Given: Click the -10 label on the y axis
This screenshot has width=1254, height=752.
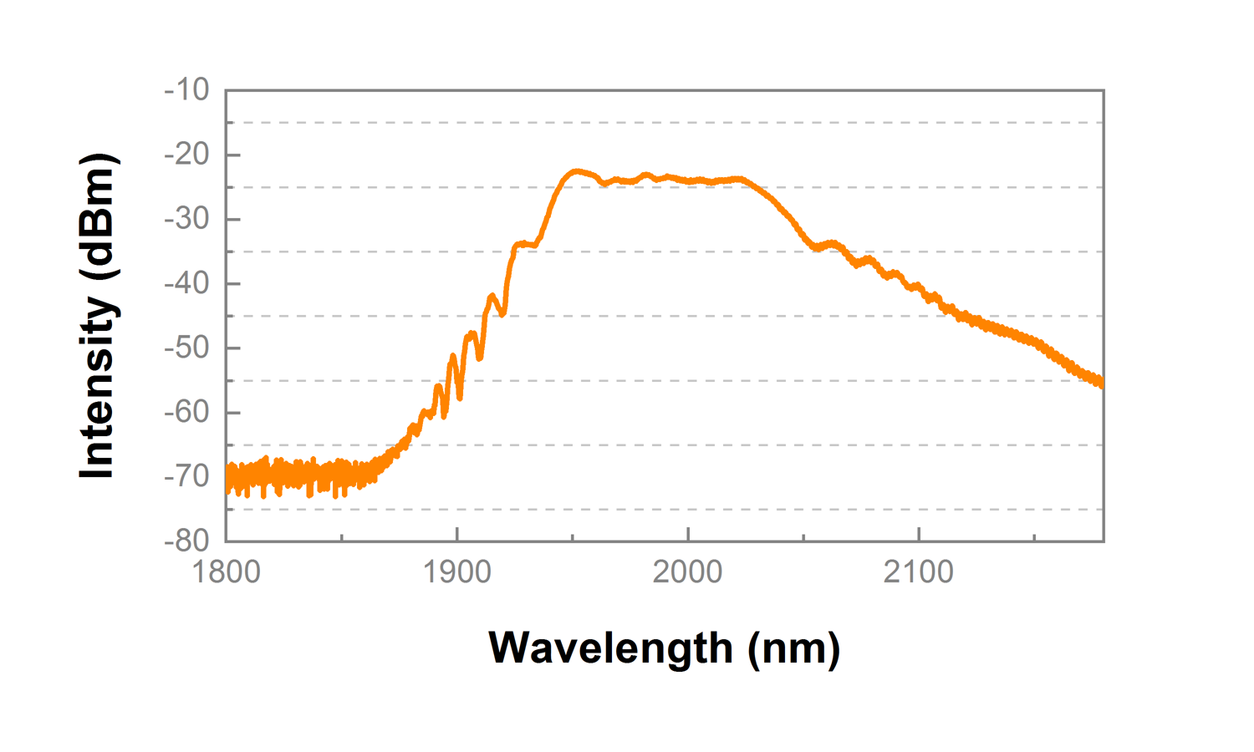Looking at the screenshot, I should tap(186, 89).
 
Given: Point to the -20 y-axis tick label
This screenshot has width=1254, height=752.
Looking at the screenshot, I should tap(186, 154).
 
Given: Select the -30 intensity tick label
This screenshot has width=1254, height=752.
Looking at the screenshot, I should tap(186, 219).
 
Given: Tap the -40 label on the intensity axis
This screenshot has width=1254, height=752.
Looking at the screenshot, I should tap(186, 283).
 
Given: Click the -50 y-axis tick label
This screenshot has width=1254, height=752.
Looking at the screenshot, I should tap(186, 348).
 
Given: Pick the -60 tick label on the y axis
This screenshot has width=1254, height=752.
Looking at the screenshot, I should tap(186, 412).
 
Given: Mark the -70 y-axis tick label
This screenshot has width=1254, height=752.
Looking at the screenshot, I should tap(186, 476).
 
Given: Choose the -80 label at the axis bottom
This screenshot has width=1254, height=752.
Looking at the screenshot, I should tap(186, 541).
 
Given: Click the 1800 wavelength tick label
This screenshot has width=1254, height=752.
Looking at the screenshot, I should tap(227, 572).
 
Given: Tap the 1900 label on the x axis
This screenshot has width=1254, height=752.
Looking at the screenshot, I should tap(457, 572).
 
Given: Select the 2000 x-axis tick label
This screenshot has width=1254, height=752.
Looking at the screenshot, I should tap(688, 572).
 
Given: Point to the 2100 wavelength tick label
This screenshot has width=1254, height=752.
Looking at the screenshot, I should tap(919, 572).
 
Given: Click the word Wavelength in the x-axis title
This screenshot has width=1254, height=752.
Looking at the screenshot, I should tap(610, 648).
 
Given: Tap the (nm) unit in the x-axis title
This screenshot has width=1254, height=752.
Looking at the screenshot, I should tap(794, 648).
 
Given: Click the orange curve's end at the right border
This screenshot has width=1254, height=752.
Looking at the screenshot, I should tap(1101, 383).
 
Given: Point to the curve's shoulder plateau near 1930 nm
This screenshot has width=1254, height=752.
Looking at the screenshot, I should tap(526, 244).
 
